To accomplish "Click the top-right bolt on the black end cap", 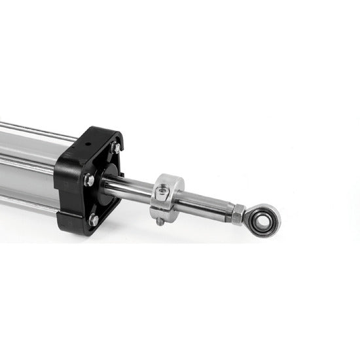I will [115, 148].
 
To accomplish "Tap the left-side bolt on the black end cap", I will [88, 180].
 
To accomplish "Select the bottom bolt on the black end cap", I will [94, 221].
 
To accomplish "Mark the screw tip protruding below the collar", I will [160, 222].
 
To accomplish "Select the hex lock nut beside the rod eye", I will [239, 213].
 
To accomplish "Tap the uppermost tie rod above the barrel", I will [33, 130].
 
